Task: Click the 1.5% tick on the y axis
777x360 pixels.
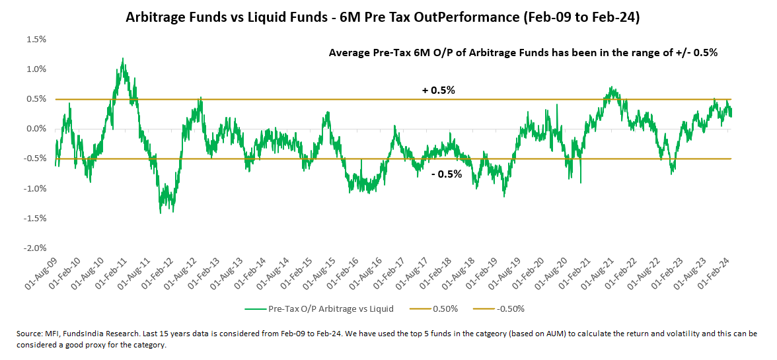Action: pos(37,39)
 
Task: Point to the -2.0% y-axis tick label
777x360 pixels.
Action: pos(36,248)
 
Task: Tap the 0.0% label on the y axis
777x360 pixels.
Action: pos(37,129)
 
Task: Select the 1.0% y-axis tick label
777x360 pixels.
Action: pos(37,69)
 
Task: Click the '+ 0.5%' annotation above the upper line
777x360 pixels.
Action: pos(439,90)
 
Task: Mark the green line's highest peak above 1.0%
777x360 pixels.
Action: pos(123,58)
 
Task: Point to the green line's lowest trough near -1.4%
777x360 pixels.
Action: pos(161,213)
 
